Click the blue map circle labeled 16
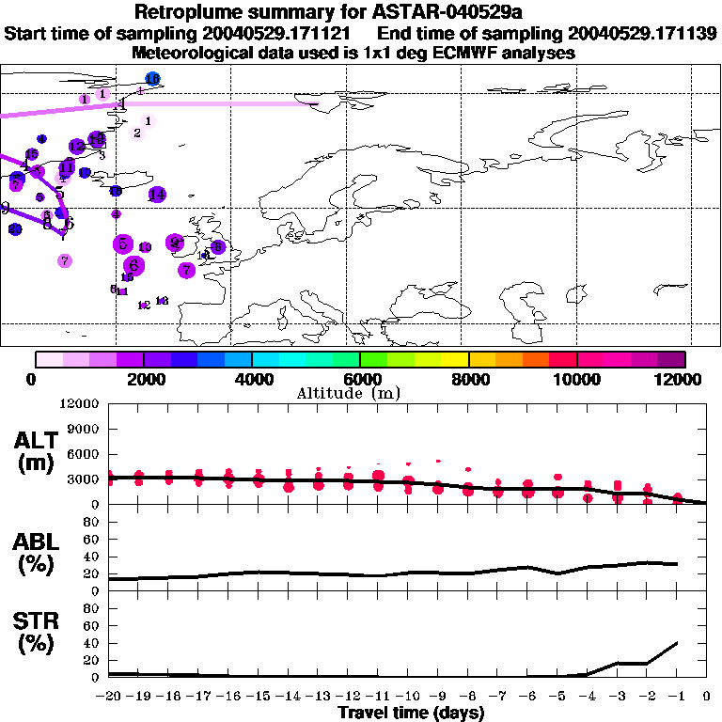[x=152, y=78]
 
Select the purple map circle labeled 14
[x=157, y=195]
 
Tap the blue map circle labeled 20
[x=15, y=229]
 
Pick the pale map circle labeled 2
[x=137, y=133]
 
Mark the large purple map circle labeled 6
[x=134, y=265]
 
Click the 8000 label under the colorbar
[x=467, y=379]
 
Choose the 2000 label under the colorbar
[x=143, y=379]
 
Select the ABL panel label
[x=37, y=551]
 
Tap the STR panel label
[x=37, y=634]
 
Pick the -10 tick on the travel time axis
[x=407, y=696]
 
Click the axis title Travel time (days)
[x=411, y=713]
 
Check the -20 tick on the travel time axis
[x=108, y=696]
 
